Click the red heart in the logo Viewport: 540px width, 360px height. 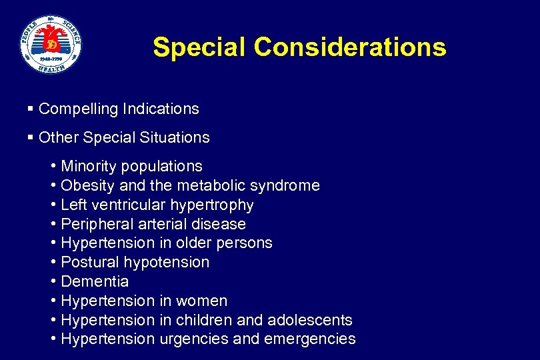pyautogui.click(x=51, y=41)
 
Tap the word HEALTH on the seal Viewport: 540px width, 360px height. pyautogui.click(x=51, y=67)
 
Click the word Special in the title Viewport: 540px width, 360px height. pyautogui.click(x=199, y=47)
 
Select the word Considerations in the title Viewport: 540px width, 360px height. pyautogui.click(x=351, y=47)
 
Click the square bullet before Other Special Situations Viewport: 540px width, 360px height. pyautogui.click(x=31, y=137)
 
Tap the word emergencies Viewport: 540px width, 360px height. pyautogui.click(x=310, y=339)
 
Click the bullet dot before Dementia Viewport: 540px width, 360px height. pyautogui.click(x=53, y=281)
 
